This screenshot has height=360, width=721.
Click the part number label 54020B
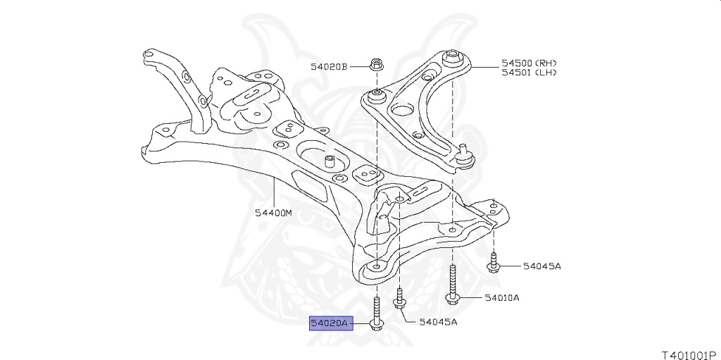click(x=329, y=66)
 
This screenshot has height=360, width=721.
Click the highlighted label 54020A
click(x=330, y=323)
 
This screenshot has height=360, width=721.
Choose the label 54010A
click(x=501, y=298)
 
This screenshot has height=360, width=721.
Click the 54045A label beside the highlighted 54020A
click(x=438, y=322)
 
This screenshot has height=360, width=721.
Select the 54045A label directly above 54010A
click(x=541, y=266)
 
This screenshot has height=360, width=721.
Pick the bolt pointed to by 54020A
click(x=377, y=315)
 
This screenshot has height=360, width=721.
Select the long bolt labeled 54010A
click(x=453, y=285)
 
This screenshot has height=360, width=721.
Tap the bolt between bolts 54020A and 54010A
click(x=400, y=299)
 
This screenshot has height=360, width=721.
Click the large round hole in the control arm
click(x=401, y=109)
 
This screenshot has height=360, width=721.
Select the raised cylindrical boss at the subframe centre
click(x=327, y=161)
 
